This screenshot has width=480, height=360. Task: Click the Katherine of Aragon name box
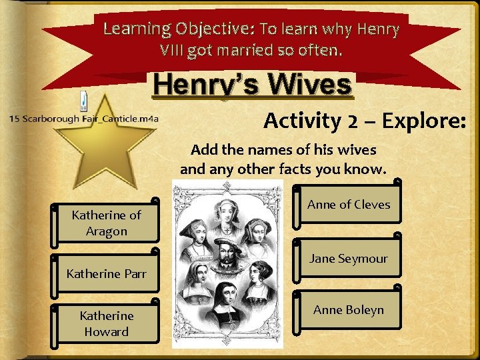107,223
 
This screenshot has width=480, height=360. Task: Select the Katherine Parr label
107,273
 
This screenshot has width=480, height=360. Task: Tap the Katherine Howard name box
107,323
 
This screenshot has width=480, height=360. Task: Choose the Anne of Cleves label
349,205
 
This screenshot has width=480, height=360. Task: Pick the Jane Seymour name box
349,259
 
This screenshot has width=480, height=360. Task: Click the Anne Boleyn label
349,309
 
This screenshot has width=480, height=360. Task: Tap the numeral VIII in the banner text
173,49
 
